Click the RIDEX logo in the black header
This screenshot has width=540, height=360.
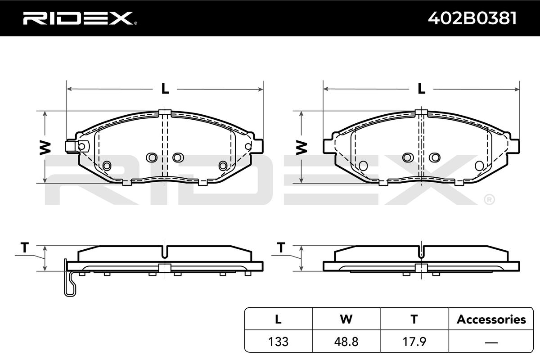coord(80,18)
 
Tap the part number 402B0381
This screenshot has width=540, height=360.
coord(472,18)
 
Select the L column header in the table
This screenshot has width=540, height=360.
coord(278,319)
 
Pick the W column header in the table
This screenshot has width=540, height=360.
coord(346,319)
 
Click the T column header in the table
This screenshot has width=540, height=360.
coord(414,319)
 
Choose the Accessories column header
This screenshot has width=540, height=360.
coord(491,319)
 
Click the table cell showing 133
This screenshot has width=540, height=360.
coord(278,342)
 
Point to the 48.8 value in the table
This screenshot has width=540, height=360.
coord(346,342)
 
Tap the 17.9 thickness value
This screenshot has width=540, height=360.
coord(414,342)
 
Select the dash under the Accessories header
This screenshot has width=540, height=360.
coord(491,342)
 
